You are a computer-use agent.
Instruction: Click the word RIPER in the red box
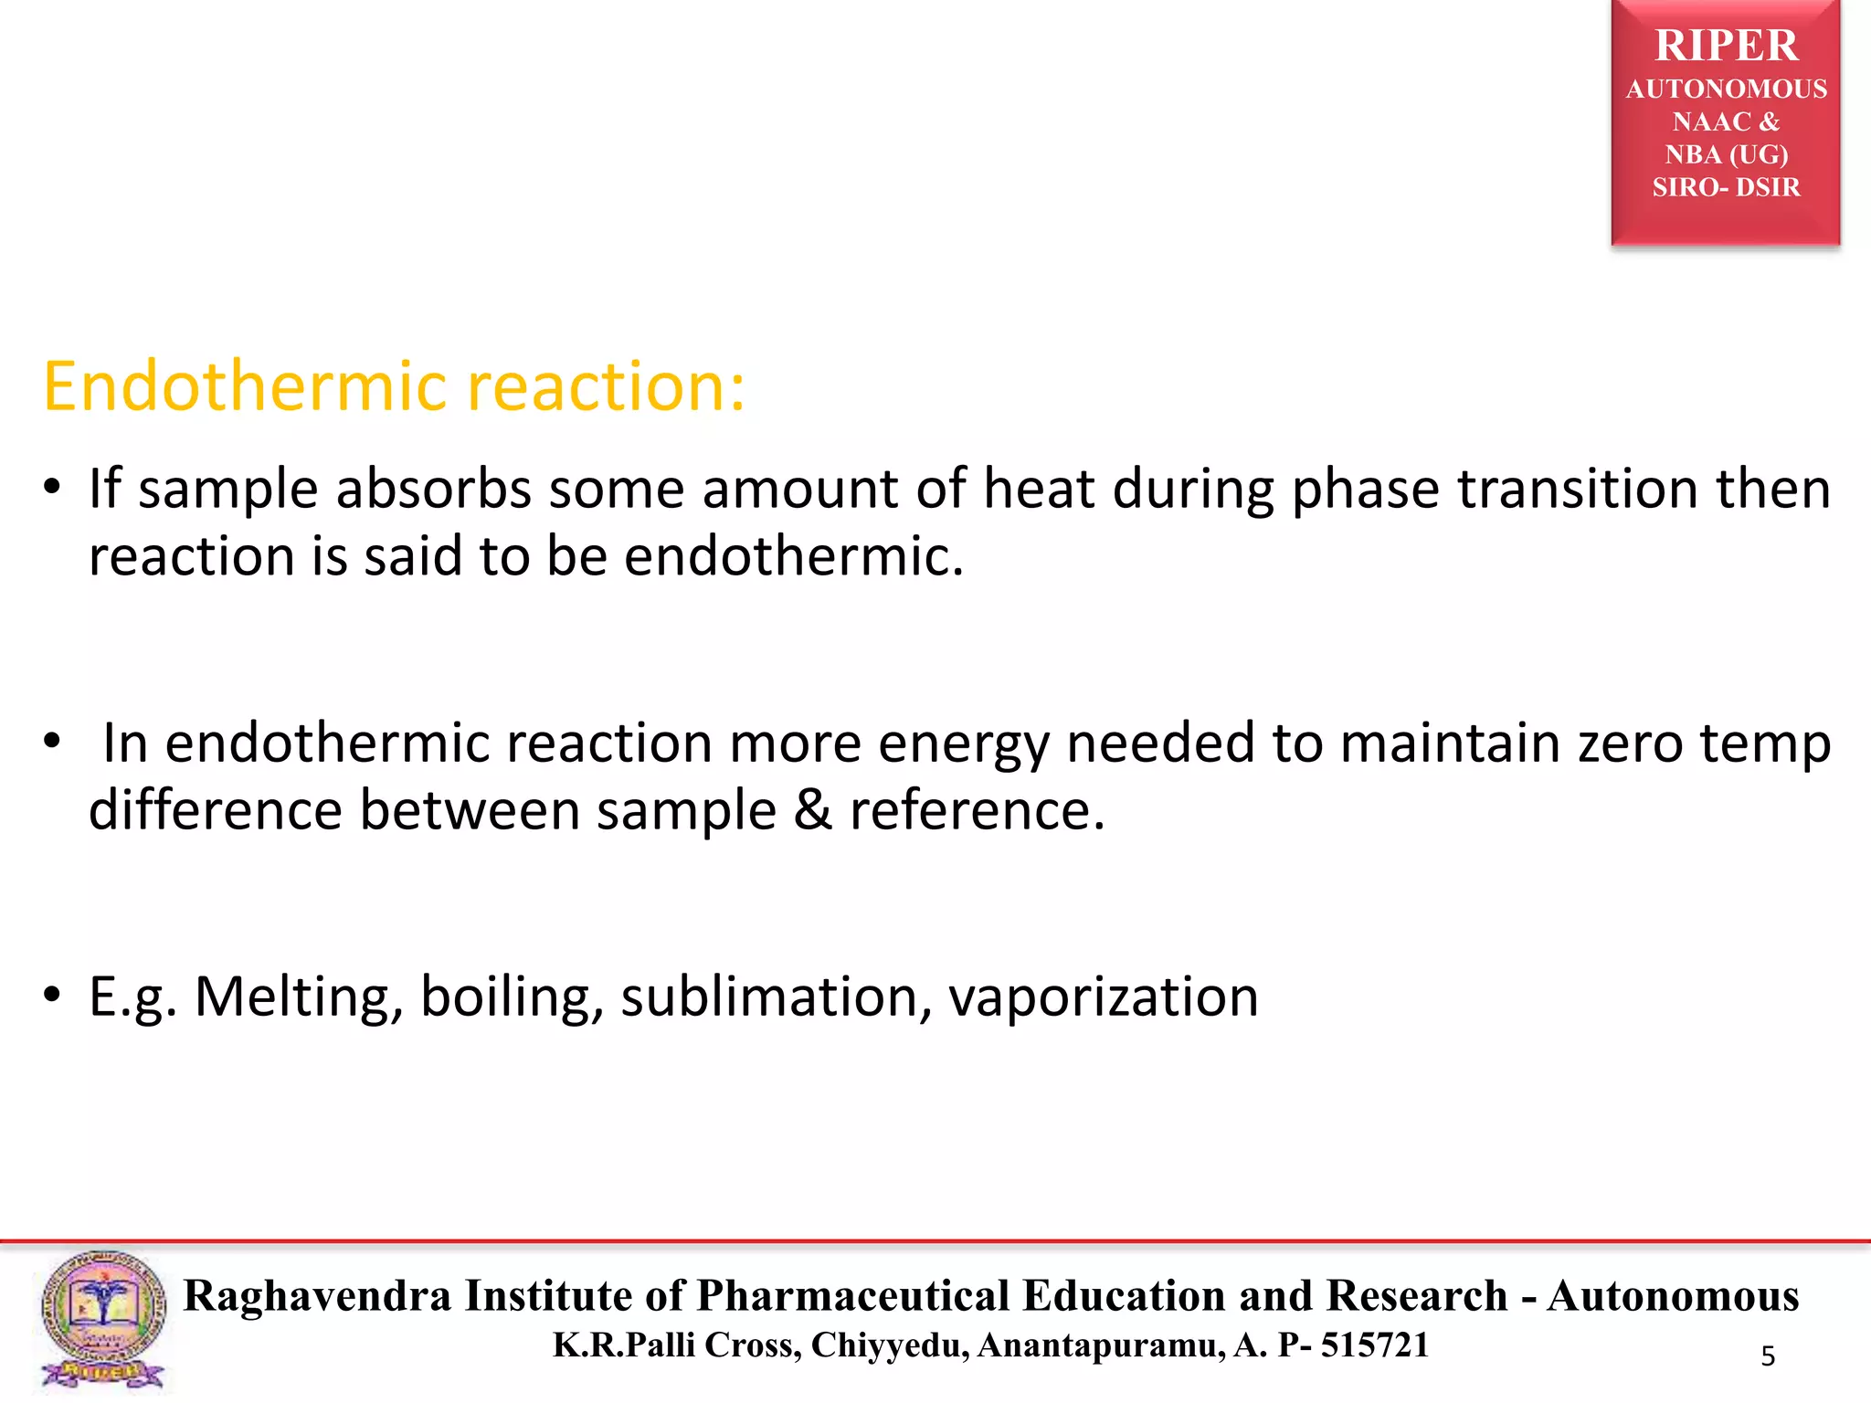[1726, 46]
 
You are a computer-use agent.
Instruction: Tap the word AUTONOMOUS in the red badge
[1726, 90]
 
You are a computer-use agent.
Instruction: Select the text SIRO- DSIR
[1726, 187]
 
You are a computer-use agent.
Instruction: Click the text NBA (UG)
[1726, 154]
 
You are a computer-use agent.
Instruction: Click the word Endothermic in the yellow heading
[245, 386]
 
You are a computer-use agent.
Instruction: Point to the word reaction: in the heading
[606, 386]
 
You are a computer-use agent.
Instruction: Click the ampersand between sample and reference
[812, 810]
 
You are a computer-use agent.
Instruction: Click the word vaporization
[1103, 998]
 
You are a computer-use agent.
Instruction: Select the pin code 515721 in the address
[1374, 1345]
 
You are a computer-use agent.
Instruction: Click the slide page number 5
[1768, 1356]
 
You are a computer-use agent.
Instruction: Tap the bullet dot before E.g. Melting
[53, 994]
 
